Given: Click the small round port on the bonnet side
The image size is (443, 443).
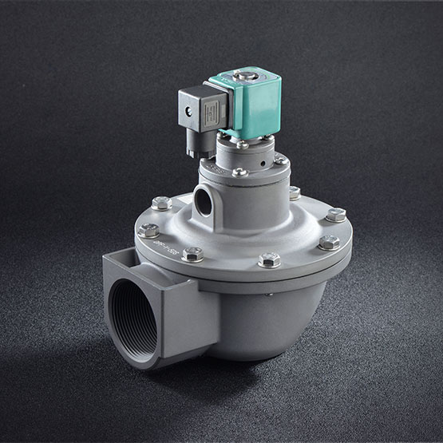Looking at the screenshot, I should [204, 202].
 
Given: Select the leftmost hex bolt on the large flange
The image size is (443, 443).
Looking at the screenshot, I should [148, 231].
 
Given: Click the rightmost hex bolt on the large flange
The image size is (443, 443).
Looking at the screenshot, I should [336, 215].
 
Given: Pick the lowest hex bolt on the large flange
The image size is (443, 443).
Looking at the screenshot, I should [270, 259].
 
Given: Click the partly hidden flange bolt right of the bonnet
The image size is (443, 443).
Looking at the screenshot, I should [294, 192].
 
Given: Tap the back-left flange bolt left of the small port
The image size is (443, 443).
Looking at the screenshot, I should [161, 203].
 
